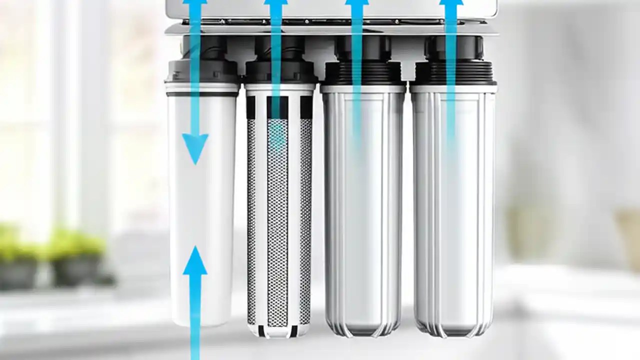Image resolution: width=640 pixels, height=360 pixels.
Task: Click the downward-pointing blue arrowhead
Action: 194,147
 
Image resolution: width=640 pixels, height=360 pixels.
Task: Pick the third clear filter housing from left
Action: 363,215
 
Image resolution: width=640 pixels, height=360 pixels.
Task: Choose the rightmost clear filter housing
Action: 453,215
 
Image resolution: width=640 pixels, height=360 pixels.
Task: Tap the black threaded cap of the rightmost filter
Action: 454,72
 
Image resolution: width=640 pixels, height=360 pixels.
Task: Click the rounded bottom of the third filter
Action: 363,330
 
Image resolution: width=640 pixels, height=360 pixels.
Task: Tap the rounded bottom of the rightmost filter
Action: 452,330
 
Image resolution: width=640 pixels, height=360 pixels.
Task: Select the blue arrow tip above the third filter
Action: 356,4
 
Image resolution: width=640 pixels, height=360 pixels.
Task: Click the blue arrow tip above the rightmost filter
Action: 451,4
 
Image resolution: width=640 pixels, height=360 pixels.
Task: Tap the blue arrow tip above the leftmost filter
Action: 195,4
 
